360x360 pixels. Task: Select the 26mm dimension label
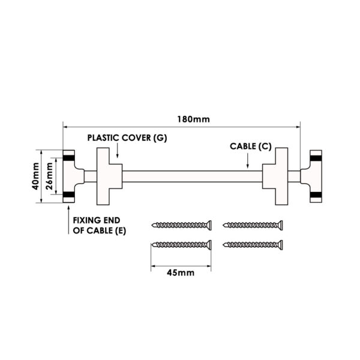(51, 176)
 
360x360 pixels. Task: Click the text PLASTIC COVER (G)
(127, 137)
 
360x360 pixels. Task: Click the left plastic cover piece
(109, 175)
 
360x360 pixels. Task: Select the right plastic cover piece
(276, 175)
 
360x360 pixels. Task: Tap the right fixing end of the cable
(314, 176)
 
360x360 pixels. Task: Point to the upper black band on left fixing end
(68, 157)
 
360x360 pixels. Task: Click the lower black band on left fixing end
(68, 195)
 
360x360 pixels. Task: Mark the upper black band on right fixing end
(316, 157)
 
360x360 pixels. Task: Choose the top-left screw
(182, 226)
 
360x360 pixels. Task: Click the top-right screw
(251, 226)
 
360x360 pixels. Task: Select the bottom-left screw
(182, 244)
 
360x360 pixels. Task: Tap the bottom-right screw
(251, 244)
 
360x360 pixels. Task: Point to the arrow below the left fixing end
(68, 210)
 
